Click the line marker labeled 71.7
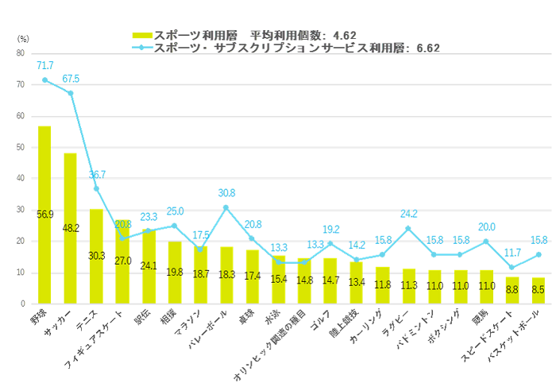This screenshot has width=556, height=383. pos(44,80)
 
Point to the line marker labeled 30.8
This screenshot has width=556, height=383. pos(226,207)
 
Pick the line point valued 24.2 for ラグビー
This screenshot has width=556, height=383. pos(408,228)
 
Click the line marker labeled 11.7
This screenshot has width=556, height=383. pos(512,267)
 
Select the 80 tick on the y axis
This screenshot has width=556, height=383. pos(20,53)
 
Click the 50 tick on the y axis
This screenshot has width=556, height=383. pos(20,147)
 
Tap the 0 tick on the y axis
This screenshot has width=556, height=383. pos(22,304)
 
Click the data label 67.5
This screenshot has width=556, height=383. pos(71,79)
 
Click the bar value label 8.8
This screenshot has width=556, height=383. pos(512,290)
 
